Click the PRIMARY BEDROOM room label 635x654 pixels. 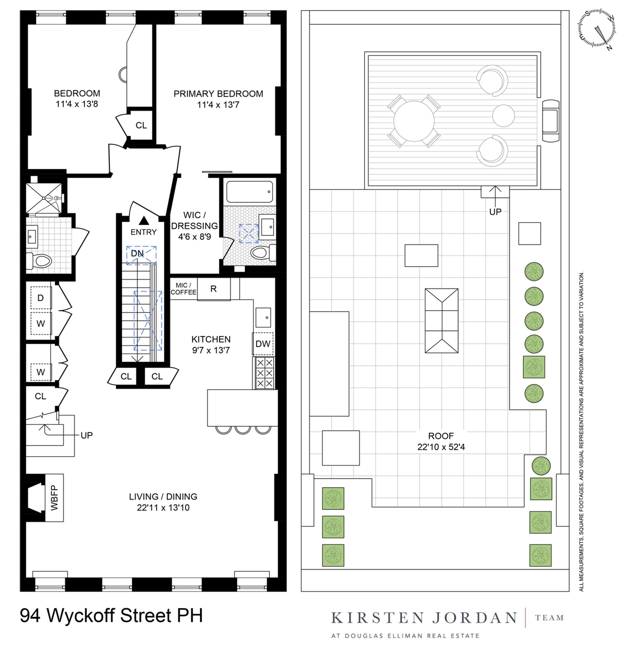tap(218, 94)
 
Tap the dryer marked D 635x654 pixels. tap(41, 298)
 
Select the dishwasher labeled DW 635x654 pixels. tap(263, 344)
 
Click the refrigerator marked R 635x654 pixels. tap(214, 289)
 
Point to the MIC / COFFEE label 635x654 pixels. tap(184, 289)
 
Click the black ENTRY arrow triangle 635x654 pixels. tap(144, 220)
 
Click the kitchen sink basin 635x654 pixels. tap(263, 318)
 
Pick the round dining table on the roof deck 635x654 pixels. tap(414, 121)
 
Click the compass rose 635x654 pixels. tap(597, 29)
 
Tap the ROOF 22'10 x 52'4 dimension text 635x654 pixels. tap(441, 447)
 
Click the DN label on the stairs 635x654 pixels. tap(137, 254)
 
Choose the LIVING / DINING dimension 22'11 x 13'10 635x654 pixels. tap(163, 508)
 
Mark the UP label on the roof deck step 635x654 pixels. tap(495, 212)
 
